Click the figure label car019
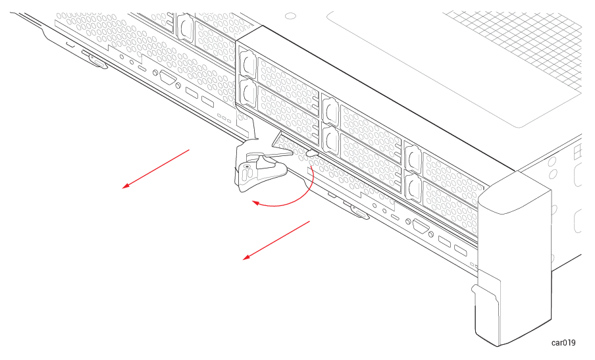tap(563, 342)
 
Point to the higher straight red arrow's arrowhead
tap(126, 186)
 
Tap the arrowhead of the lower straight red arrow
tap(247, 257)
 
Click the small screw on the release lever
tap(247, 166)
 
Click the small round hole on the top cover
tap(290, 16)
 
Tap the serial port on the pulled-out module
tap(168, 78)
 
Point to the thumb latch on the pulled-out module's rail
tap(97, 62)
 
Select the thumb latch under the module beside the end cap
tap(360, 213)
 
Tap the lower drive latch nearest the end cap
tap(413, 187)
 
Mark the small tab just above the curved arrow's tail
tap(312, 153)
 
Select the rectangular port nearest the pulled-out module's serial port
tap(192, 93)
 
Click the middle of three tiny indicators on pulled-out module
tap(224, 118)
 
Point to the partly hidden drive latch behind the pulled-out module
tap(185, 26)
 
